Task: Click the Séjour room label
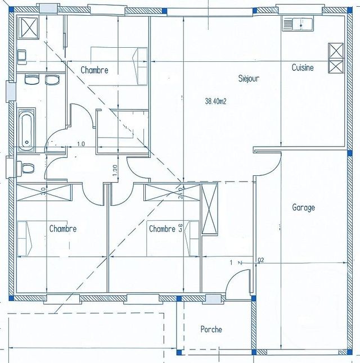click(249, 79)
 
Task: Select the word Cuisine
click(303, 67)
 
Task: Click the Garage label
click(303, 207)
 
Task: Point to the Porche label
click(211, 329)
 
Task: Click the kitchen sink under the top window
click(298, 24)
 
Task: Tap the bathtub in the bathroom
click(26, 130)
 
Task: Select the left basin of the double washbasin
click(31, 80)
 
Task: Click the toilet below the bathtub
click(25, 167)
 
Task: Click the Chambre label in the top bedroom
click(94, 70)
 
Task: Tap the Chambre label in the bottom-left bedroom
click(62, 229)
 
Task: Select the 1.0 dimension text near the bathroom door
click(80, 144)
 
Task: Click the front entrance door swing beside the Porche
click(238, 281)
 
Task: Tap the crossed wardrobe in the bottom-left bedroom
click(44, 192)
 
